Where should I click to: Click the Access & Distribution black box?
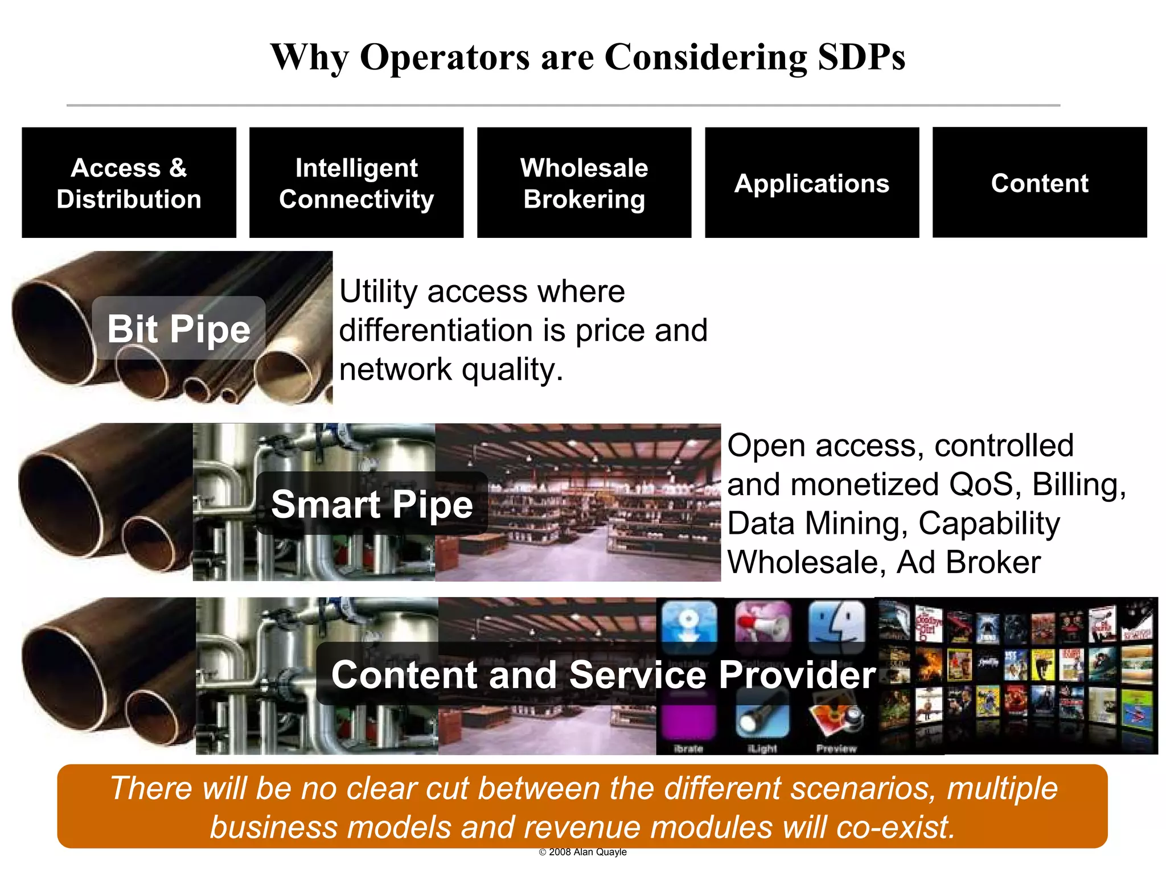point(129,183)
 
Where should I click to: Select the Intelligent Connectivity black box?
point(356,183)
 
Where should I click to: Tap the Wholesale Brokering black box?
point(584,183)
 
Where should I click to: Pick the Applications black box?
point(812,183)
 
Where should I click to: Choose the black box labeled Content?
point(1040,183)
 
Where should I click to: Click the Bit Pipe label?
point(179,328)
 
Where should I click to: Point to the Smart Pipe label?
point(372,504)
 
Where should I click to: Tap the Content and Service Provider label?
point(603,674)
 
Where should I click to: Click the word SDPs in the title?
point(861,57)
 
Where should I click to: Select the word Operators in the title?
point(445,57)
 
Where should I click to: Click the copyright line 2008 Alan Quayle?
point(582,852)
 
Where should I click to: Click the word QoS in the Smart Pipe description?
point(981,485)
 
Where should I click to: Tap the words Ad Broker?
point(968,562)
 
